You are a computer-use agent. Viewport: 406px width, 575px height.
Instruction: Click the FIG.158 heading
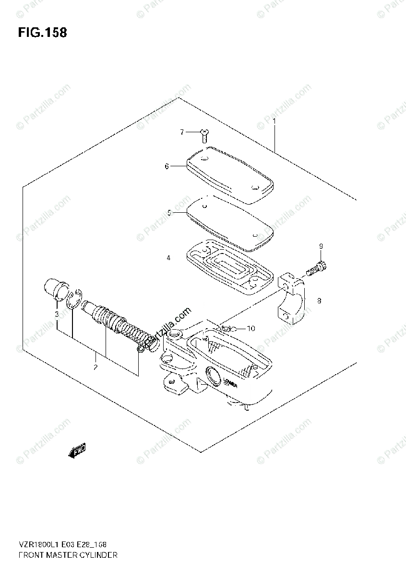pyautogui.click(x=42, y=33)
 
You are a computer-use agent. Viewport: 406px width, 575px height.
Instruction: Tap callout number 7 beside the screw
pyautogui.click(x=182, y=132)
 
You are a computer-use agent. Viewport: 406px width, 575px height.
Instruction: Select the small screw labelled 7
pyautogui.click(x=203, y=135)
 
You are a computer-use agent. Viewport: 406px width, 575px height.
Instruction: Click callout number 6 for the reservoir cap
pyautogui.click(x=167, y=166)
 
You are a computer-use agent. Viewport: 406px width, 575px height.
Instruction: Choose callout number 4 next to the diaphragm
pyautogui.click(x=168, y=258)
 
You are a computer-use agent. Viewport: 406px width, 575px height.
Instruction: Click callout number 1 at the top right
pyautogui.click(x=274, y=121)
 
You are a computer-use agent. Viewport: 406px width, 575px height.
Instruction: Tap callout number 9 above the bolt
pyautogui.click(x=321, y=246)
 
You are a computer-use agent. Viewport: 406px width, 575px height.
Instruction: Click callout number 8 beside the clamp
pyautogui.click(x=319, y=301)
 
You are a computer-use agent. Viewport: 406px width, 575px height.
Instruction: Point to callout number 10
pyautogui.click(x=251, y=328)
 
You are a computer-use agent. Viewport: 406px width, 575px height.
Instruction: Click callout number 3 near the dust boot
pyautogui.click(x=56, y=314)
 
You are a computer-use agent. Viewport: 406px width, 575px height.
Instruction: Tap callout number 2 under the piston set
pyautogui.click(x=96, y=368)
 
